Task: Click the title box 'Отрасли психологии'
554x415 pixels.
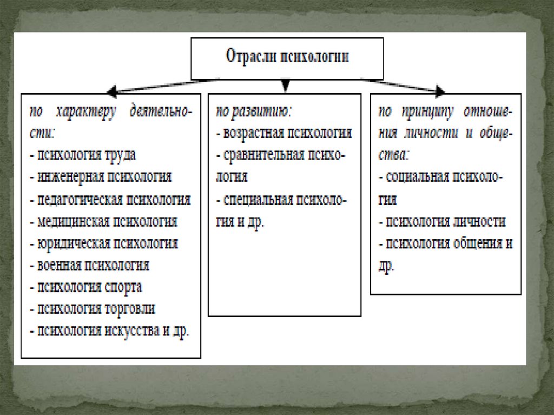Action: coord(287,58)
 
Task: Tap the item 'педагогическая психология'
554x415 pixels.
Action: coord(110,199)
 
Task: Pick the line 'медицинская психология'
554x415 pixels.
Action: coord(104,221)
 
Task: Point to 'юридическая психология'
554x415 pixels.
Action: coord(104,243)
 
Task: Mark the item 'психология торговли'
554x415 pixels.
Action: coord(93,309)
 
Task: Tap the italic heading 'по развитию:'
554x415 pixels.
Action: coord(254,111)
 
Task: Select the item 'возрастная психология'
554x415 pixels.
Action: coord(284,133)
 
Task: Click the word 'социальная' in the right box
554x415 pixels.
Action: coord(413,177)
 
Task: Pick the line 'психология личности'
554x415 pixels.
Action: coord(442,221)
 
